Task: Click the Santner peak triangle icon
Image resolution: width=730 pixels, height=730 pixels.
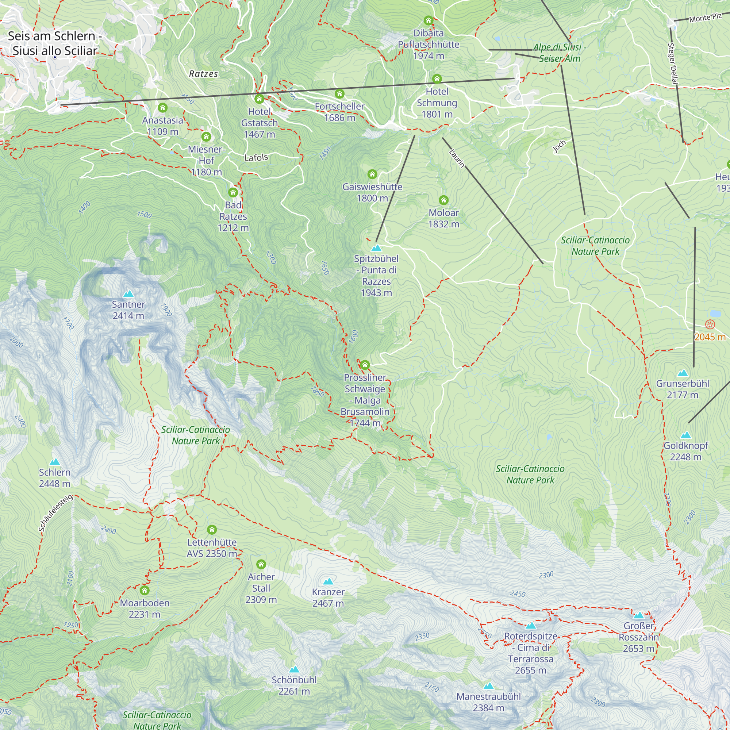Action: pos(128,293)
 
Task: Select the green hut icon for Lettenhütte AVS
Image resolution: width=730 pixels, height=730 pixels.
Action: pos(212,529)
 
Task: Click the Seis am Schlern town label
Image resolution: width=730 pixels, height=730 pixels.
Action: pos(55,43)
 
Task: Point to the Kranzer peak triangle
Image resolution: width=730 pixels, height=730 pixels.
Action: pos(328,581)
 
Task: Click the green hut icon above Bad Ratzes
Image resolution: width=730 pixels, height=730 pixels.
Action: pos(233,192)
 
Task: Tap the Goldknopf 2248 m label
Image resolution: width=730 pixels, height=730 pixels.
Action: pos(685,451)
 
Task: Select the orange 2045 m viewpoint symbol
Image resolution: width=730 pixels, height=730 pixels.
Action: pos(710,324)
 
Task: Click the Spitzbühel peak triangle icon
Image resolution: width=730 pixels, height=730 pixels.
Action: pos(376,248)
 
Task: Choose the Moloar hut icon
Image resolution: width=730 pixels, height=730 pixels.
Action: pos(443,200)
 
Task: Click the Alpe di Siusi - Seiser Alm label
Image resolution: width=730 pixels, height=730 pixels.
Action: pos(560,53)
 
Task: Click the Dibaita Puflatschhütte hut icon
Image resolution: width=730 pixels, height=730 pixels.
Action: pos(428,20)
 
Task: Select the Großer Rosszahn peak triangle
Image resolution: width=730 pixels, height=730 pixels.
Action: pos(638,615)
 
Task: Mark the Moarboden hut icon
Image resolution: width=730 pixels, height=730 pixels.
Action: pos(144,590)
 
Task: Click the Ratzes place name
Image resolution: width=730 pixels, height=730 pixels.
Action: pos(203,74)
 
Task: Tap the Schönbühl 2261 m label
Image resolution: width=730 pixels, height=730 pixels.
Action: pos(294,685)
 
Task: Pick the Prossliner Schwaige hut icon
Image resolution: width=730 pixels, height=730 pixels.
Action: pos(365,365)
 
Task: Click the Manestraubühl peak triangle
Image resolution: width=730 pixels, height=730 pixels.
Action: pos(488,686)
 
